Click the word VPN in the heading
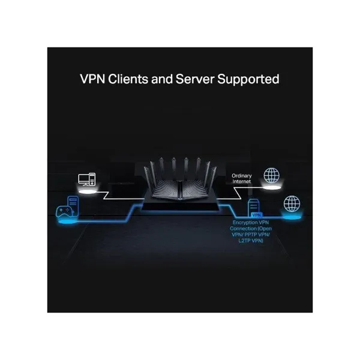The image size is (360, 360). point(92,79)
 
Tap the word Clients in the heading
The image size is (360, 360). point(128,79)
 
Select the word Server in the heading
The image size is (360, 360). point(195,79)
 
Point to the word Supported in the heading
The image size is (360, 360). point(248,80)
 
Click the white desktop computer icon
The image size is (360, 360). point(87,179)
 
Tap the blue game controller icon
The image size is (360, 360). point(64,211)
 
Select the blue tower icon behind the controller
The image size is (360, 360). point(73,205)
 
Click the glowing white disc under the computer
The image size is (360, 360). point(88,191)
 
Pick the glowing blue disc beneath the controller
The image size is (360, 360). point(67,221)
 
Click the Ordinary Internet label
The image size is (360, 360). point(242,178)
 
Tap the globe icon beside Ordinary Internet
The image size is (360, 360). point(272,175)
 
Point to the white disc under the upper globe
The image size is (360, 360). point(272,188)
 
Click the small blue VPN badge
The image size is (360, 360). point(256,215)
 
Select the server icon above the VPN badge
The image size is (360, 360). point(254,207)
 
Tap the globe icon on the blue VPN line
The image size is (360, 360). point(292,203)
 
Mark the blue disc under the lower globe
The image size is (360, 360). point(292,217)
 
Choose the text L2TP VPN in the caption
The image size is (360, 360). point(251,241)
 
